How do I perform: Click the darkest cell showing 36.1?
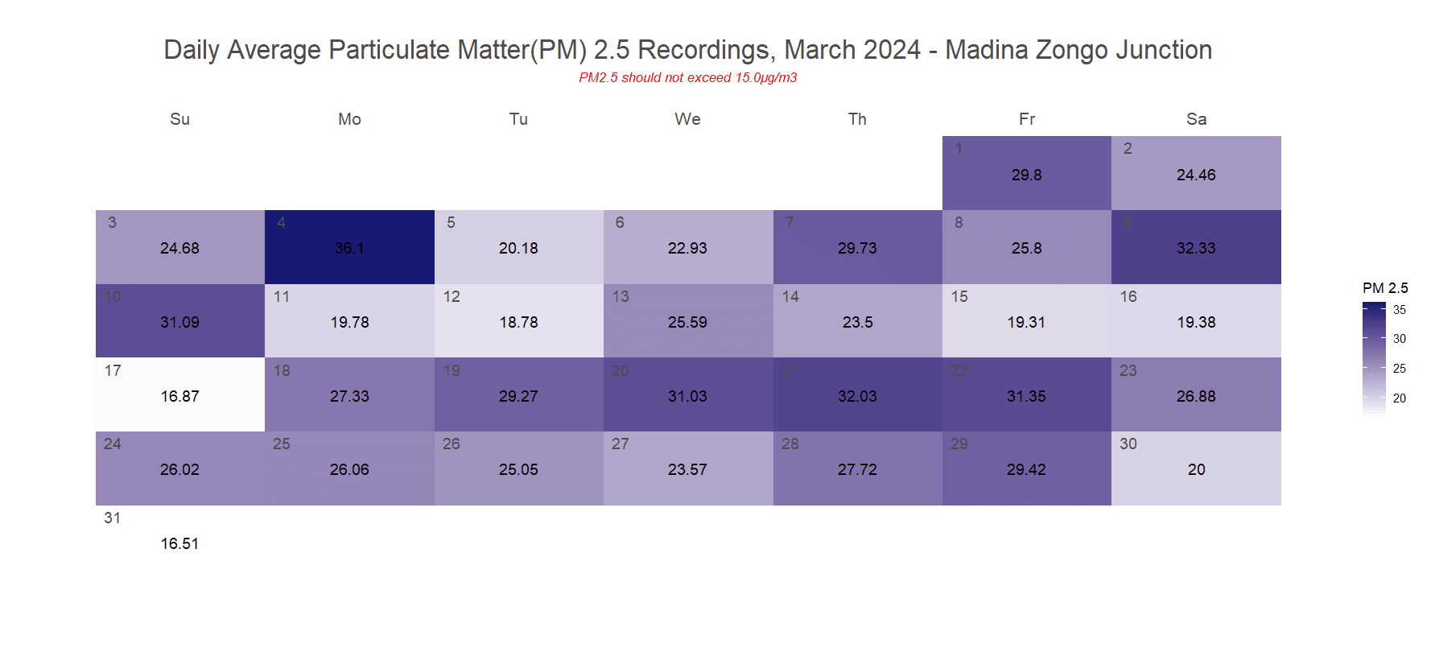coord(349,248)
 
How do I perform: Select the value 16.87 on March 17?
coord(179,396)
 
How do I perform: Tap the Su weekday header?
coord(179,119)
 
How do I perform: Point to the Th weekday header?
coord(857,119)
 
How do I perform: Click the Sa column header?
coord(1196,119)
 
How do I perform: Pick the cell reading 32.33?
coord(1196,248)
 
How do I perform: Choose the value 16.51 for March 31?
coord(179,543)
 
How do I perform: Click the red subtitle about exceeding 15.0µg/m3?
coord(687,77)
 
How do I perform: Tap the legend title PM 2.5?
coord(1385,288)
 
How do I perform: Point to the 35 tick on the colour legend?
coord(1400,310)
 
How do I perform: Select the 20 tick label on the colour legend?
coord(1400,398)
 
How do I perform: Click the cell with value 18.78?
coord(518,322)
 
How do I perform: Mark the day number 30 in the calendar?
coord(1128,444)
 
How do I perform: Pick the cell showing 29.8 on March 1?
coord(1026,175)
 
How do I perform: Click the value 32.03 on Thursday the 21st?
coord(857,396)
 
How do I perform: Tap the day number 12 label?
coord(452,296)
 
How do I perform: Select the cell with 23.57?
coord(687,469)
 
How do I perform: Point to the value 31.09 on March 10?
coord(179,322)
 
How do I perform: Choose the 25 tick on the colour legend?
coord(1400,369)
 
